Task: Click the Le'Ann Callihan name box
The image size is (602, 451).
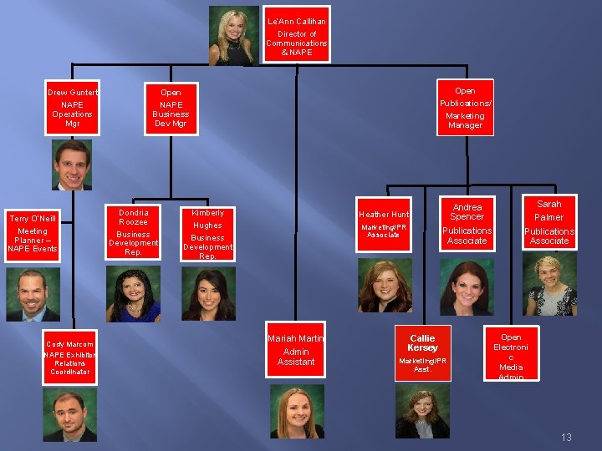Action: coord(297,35)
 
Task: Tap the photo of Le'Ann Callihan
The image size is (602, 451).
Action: coord(234,35)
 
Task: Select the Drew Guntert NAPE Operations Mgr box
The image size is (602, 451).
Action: coord(72,108)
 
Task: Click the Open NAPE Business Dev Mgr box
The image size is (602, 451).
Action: coord(171,108)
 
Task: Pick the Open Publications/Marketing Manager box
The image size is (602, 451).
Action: coord(465,107)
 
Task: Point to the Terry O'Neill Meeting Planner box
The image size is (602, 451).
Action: coord(33,234)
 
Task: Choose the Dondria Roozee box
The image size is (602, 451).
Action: coord(134,231)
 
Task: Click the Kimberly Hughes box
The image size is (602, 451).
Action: coord(207,234)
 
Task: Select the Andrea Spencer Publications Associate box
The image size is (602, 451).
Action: coord(467,224)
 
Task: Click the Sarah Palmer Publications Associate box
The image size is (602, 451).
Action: coord(548,222)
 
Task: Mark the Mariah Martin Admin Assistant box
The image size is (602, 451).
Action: coord(296,350)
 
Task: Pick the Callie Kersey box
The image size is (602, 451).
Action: coord(422,352)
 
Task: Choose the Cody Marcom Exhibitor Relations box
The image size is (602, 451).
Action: coord(69,358)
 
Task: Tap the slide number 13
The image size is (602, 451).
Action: coord(566,438)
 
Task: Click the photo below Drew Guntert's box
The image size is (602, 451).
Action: coord(72,165)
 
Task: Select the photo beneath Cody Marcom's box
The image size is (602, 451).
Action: coord(69,415)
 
